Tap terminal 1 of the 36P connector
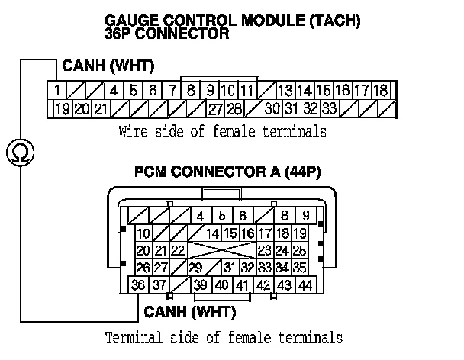point(57,90)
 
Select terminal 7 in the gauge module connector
point(173,90)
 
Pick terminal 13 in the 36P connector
point(285,90)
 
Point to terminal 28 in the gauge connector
point(235,108)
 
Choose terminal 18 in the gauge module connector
point(382,90)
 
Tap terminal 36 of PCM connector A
point(138,285)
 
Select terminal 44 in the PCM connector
point(305,285)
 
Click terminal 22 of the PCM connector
point(178,250)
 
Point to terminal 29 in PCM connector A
point(195,268)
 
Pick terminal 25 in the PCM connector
point(299,250)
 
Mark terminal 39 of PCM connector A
point(201,285)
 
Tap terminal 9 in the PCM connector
point(305,216)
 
